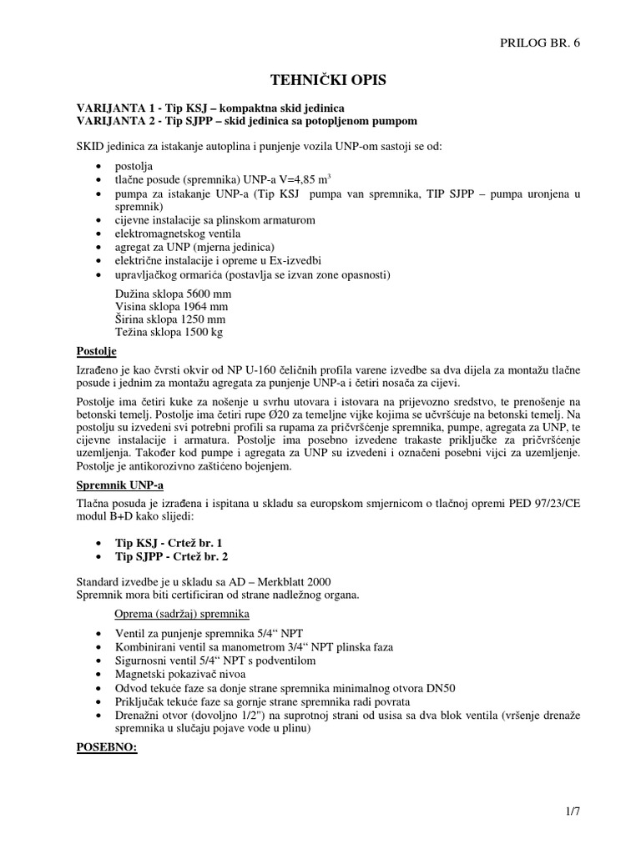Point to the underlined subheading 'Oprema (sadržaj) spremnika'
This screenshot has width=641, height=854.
click(x=183, y=614)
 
